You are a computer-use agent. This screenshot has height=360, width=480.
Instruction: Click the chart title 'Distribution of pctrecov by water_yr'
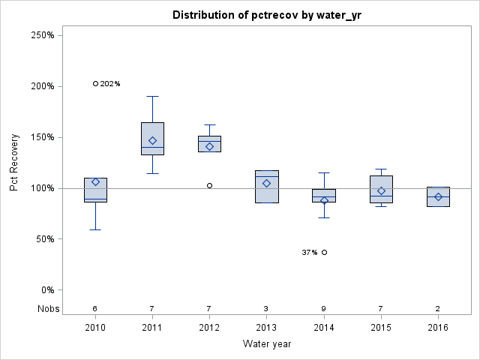point(266,15)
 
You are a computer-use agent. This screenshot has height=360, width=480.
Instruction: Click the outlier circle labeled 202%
point(95,83)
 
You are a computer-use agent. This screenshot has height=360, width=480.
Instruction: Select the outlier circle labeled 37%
point(324,252)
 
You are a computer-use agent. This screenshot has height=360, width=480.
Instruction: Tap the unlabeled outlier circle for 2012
point(209,185)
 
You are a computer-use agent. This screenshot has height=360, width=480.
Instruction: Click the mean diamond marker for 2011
point(152,140)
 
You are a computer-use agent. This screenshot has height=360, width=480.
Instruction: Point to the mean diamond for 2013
point(266,183)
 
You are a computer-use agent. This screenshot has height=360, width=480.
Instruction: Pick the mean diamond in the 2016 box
point(438,196)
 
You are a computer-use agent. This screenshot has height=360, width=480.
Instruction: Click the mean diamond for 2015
point(381,190)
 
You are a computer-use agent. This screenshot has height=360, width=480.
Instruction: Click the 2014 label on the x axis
point(324,328)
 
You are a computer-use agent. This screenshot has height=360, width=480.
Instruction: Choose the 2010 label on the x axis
point(95,328)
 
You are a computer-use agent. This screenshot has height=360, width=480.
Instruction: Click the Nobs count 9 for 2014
point(324,308)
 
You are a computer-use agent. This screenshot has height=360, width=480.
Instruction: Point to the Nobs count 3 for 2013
point(266,308)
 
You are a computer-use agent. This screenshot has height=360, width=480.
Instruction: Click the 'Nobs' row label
point(46,308)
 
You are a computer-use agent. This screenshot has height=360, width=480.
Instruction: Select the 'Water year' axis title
point(266,343)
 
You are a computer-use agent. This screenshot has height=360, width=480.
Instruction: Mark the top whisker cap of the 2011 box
point(152,96)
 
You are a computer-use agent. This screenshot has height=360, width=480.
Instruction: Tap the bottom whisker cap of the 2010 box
point(95,229)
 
